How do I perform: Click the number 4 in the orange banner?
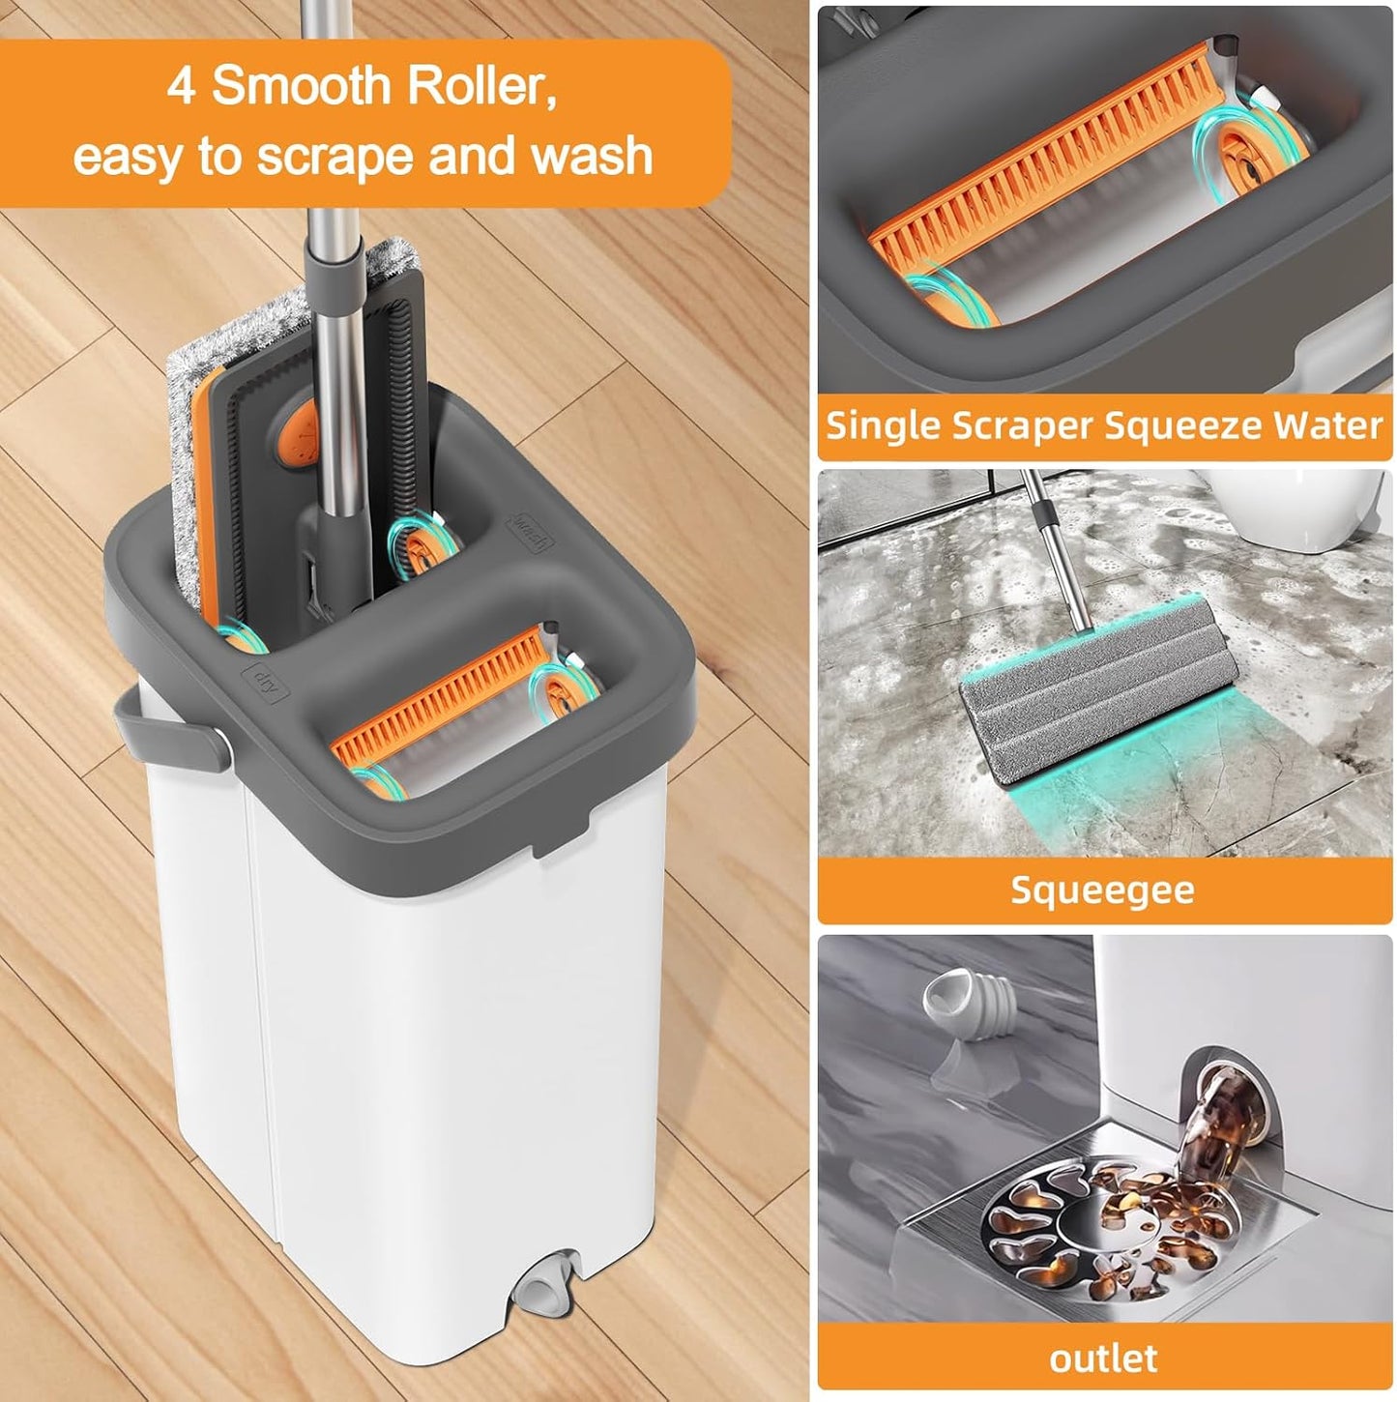[182, 87]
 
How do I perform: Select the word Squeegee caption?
[1102, 890]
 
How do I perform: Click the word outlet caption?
[1103, 1358]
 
